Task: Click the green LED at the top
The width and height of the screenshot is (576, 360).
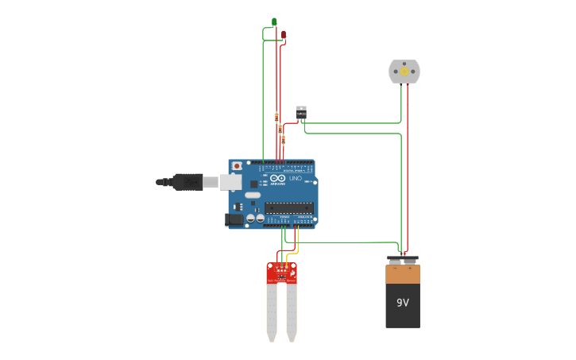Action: (x=274, y=21)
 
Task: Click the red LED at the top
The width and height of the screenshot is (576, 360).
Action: (x=283, y=34)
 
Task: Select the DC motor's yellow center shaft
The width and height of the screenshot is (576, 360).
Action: (x=404, y=72)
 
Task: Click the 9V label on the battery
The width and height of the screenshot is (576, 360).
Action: (x=403, y=303)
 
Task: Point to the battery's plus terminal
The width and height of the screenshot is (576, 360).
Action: (x=411, y=259)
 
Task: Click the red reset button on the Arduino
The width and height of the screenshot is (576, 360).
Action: (x=237, y=165)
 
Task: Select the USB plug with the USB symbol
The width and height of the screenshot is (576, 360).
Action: (x=187, y=182)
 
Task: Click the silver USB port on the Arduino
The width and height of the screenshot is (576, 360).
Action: (x=230, y=182)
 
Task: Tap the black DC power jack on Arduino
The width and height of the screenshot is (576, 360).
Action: (x=234, y=219)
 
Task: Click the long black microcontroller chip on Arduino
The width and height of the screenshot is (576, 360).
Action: (x=288, y=208)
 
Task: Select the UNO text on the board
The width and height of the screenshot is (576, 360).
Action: (x=295, y=178)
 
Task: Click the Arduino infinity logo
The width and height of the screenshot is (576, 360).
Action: (x=277, y=178)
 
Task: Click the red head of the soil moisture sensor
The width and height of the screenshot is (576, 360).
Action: (x=281, y=273)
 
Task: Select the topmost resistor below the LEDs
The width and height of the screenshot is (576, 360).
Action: (x=276, y=117)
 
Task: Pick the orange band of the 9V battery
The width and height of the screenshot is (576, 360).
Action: (x=403, y=274)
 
